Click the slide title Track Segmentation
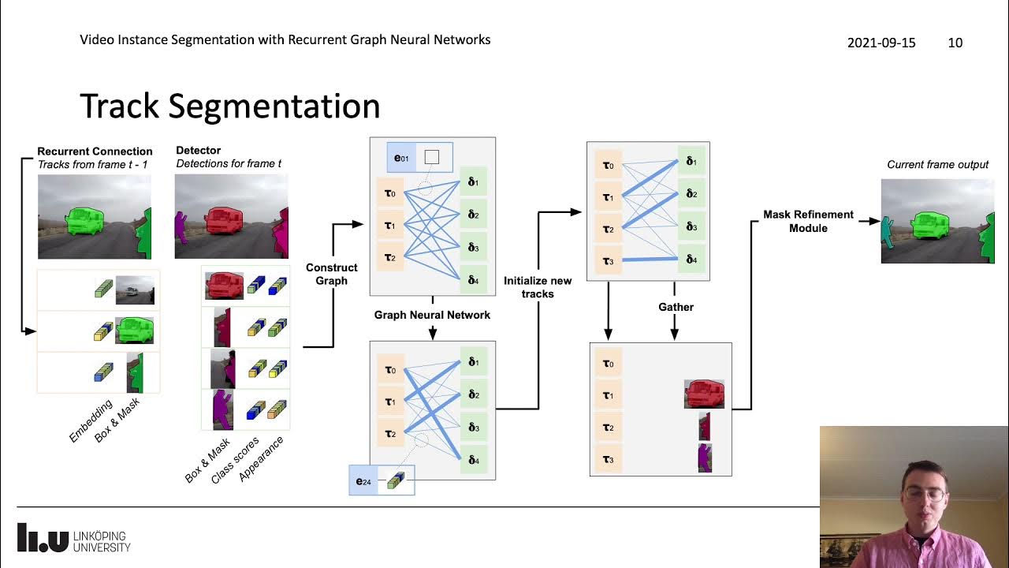pos(230,106)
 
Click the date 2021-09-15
pos(881,43)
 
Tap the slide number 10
pos(955,43)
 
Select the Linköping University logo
pos(73,537)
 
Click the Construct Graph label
pos(332,274)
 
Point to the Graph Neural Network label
pos(432,315)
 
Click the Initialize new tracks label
pos(538,287)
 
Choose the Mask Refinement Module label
pos(808,221)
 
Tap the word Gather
pos(676,307)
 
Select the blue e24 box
pos(363,480)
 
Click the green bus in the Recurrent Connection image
pos(86,221)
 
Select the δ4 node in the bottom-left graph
pos(473,459)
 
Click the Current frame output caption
pos(937,165)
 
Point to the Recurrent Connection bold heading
pos(95,151)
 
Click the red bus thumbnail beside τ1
pos(704,394)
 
